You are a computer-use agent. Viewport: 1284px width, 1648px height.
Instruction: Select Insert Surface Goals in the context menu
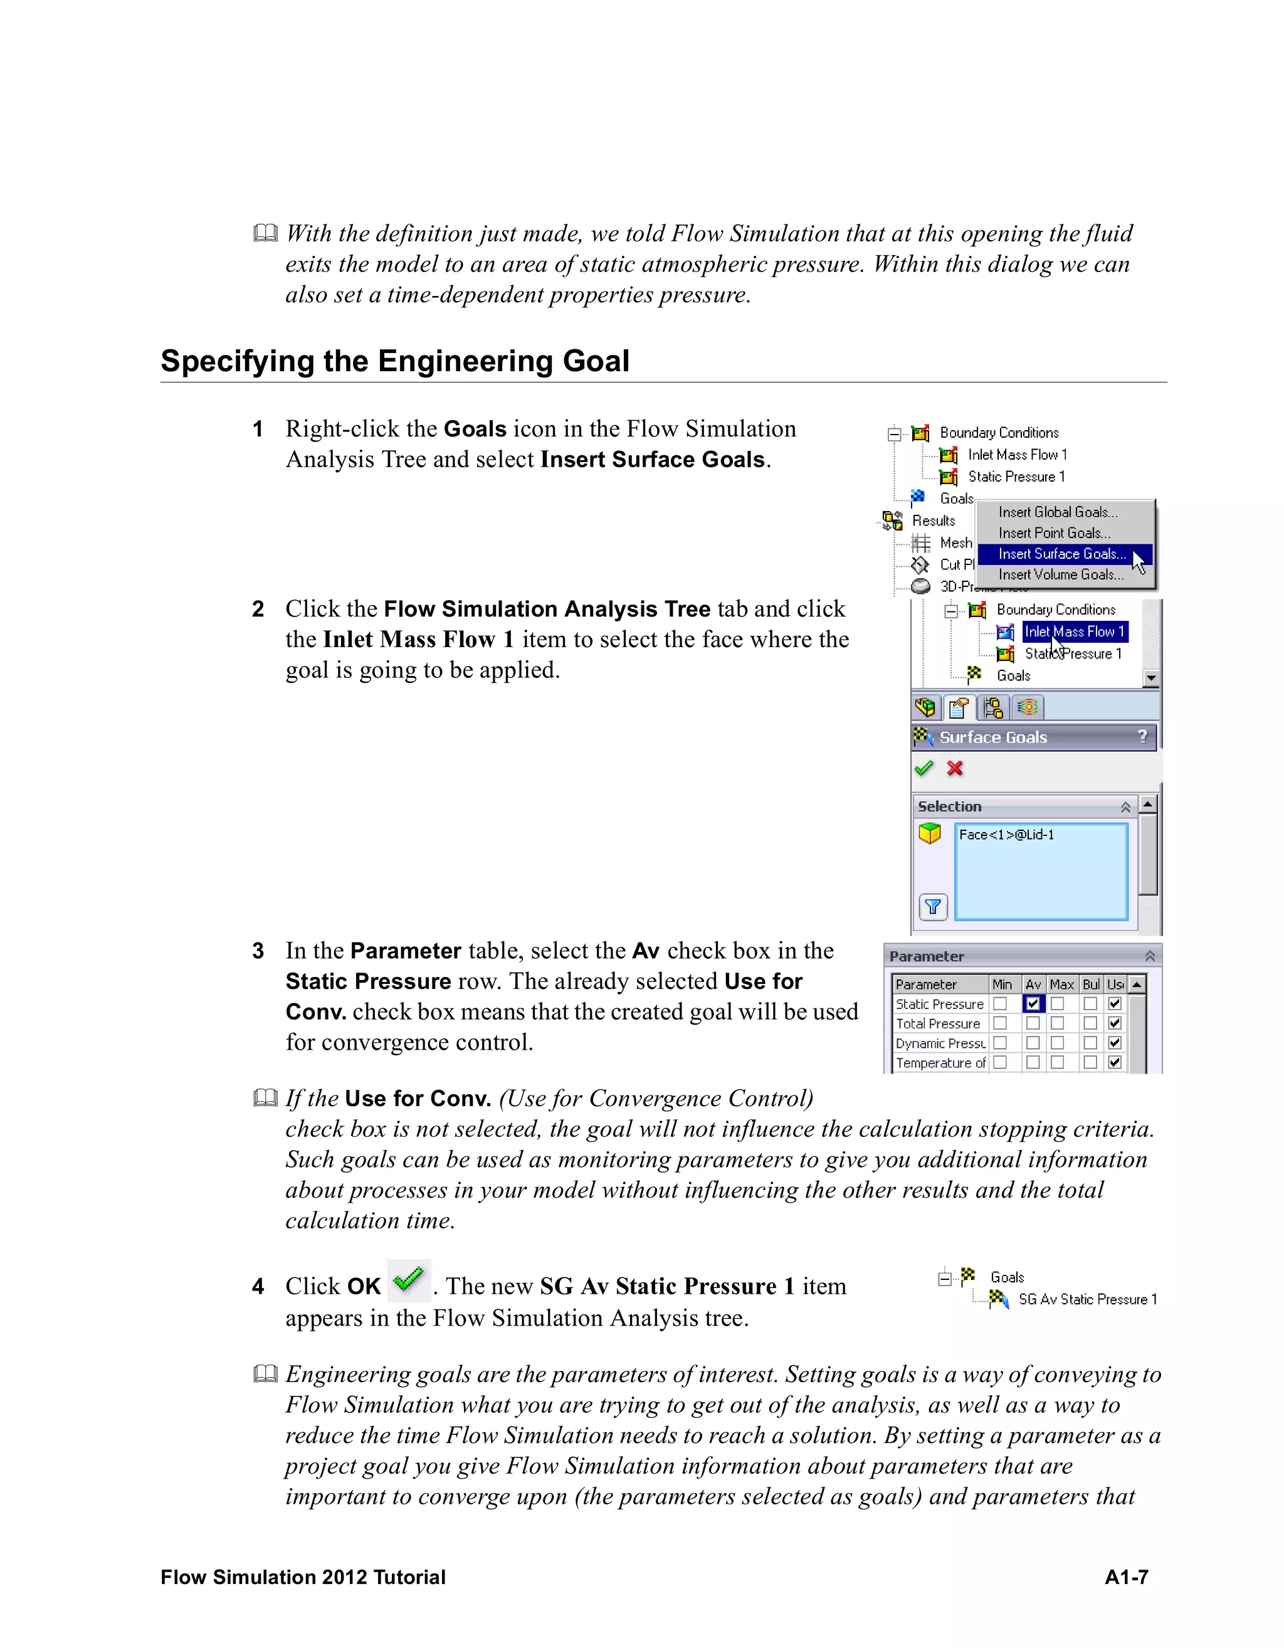(x=1061, y=554)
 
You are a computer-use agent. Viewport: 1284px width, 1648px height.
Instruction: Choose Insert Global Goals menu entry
(x=1058, y=512)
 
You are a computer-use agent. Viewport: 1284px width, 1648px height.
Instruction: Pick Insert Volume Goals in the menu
(x=1061, y=575)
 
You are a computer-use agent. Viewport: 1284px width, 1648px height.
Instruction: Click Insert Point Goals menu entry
(x=1054, y=533)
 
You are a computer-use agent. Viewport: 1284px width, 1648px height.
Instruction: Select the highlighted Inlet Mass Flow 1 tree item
(x=1073, y=631)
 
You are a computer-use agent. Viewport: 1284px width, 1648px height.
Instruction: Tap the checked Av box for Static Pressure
(x=1033, y=1003)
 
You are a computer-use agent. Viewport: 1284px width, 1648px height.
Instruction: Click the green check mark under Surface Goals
(x=924, y=768)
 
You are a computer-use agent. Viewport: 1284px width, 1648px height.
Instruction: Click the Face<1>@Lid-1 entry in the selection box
(x=1006, y=835)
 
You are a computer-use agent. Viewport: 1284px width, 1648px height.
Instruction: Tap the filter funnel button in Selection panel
(x=933, y=906)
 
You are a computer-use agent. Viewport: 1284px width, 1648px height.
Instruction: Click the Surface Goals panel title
(x=993, y=737)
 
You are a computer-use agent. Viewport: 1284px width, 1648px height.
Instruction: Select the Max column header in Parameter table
(x=1061, y=985)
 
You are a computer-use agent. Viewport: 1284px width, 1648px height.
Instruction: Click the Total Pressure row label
(x=938, y=1024)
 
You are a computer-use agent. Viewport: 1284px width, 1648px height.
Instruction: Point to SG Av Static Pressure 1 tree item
(x=1087, y=1299)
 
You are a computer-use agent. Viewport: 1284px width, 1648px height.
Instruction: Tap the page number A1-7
(x=1125, y=1577)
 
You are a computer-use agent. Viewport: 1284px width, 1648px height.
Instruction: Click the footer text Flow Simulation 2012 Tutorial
(x=303, y=1577)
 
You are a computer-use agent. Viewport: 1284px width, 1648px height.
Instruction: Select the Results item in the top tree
(x=933, y=520)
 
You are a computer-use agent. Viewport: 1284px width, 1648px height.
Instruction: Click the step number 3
(x=258, y=951)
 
